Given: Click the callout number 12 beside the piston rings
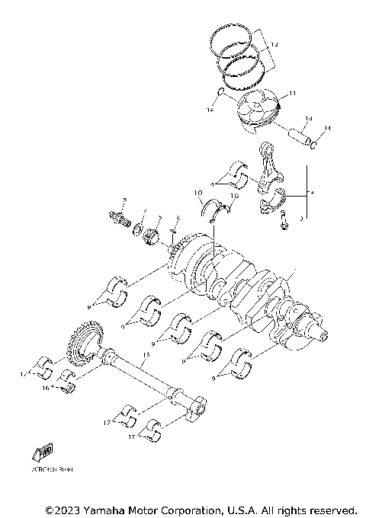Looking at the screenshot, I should click(x=274, y=46).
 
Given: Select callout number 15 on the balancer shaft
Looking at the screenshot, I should click(x=146, y=355).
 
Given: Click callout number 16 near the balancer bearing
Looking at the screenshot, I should click(x=46, y=388).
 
